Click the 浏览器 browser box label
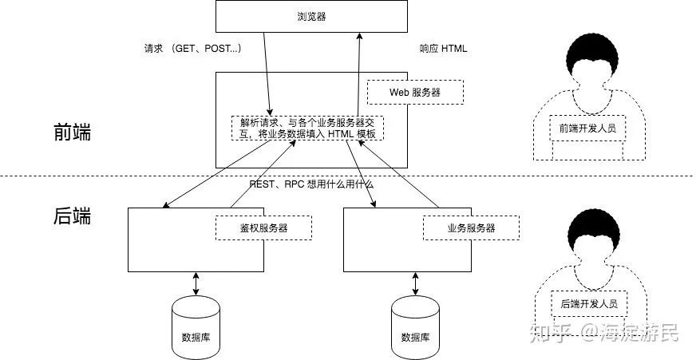[311, 17]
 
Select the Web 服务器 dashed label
[415, 92]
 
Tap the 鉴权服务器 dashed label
[263, 227]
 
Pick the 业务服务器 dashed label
[471, 227]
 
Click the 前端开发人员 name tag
[587, 129]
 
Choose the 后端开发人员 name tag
[589, 303]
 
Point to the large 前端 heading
[73, 133]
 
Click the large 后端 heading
[73, 216]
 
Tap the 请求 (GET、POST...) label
[193, 49]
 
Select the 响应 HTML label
[443, 49]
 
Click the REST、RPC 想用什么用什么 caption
[311, 184]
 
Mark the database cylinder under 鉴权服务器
[196, 327]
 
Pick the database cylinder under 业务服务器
[415, 327]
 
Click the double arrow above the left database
[196, 283]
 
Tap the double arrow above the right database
[415, 283]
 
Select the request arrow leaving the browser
[267, 73]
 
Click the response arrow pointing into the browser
[358, 73]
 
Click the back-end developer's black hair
[595, 231]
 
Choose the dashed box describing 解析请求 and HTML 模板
[307, 128]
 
